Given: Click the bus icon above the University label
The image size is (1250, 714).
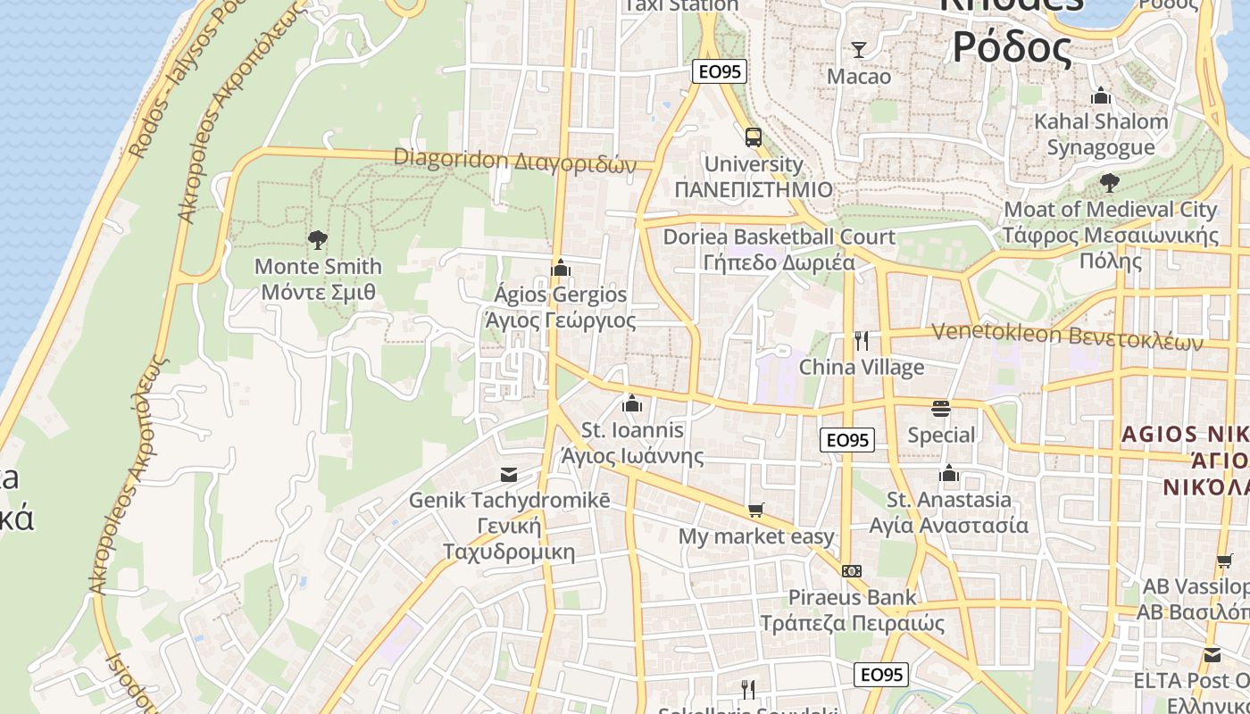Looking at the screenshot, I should click(x=754, y=137).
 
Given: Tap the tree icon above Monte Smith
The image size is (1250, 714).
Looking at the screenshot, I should click(x=317, y=239).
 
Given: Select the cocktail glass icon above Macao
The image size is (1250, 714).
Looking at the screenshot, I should click(x=859, y=49).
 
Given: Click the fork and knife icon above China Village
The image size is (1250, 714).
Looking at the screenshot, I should click(x=862, y=340).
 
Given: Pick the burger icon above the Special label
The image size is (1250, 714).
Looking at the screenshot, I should click(x=941, y=409).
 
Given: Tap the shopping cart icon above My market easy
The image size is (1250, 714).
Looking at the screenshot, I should click(x=756, y=510).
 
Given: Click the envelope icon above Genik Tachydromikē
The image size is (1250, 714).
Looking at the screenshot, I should click(x=509, y=474).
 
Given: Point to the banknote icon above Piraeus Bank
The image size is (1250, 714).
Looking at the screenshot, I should click(x=852, y=570).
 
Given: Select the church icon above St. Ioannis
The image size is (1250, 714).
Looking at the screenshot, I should click(x=632, y=403).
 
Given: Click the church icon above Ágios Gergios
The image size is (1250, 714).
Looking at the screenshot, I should click(x=561, y=267).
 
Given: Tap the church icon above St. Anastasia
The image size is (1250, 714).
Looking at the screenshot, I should click(x=949, y=472).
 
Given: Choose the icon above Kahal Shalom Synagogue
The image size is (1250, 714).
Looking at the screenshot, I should click(x=1101, y=95).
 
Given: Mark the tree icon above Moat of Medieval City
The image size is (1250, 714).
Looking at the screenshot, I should click(x=1110, y=183).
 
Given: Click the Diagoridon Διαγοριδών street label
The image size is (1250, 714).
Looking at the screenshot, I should click(x=515, y=161).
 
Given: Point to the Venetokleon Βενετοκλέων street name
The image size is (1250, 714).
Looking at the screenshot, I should click(x=1067, y=336).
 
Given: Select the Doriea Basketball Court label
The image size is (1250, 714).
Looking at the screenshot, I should click(x=779, y=237).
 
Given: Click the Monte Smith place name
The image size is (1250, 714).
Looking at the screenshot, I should click(x=318, y=266).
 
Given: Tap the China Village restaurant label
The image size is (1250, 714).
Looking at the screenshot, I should click(x=862, y=367).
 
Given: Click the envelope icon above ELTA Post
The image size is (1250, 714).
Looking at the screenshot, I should click(x=1212, y=655).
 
